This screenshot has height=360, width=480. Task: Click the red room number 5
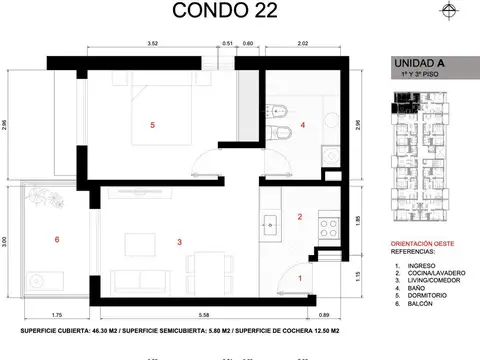coord(151,125)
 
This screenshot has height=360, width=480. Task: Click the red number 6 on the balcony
coord(57,240)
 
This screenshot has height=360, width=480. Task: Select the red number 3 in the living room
coord(178,241)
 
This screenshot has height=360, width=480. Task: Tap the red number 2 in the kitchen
coord(299,217)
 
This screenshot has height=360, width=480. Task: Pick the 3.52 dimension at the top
coord(153,43)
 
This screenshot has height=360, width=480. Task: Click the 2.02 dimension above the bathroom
coord(304,43)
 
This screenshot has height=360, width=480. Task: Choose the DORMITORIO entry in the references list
coord(425,293)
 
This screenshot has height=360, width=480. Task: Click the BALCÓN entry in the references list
coord(419,301)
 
